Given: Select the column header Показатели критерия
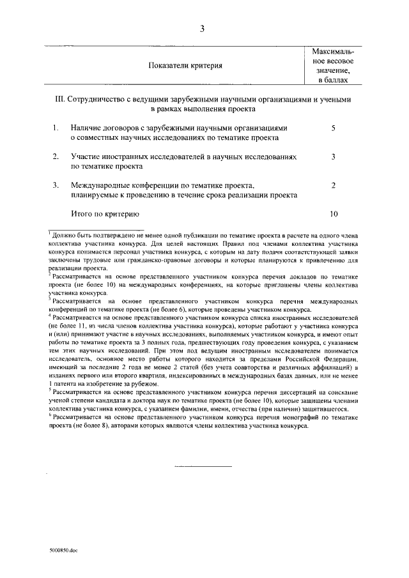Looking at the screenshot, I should (185, 66).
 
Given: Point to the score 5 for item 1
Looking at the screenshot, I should (334, 128).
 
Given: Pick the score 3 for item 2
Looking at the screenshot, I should (334, 156).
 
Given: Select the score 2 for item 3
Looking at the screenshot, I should (334, 185).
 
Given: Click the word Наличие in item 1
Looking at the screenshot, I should (86, 128).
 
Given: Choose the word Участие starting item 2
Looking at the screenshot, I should (86, 156).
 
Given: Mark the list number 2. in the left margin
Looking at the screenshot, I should (56, 156).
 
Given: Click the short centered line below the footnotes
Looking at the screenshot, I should (203, 466).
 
